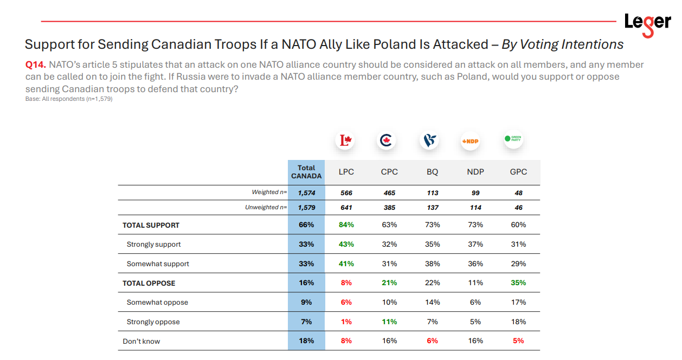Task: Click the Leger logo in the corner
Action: pyautogui.click(x=647, y=23)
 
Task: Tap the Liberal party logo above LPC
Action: pyautogui.click(x=346, y=141)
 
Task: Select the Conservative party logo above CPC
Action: pyautogui.click(x=387, y=141)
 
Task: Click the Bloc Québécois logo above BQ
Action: pyautogui.click(x=430, y=141)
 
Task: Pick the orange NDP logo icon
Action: pyautogui.click(x=471, y=141)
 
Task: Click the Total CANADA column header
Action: pyautogui.click(x=306, y=172)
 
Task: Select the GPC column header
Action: pyautogui.click(x=518, y=172)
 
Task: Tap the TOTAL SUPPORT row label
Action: pyautogui.click(x=151, y=225)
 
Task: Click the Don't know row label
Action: pyautogui.click(x=141, y=341)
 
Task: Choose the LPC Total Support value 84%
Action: pyautogui.click(x=346, y=225)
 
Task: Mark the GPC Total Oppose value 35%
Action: pyautogui.click(x=518, y=282)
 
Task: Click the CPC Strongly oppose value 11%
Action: pyautogui.click(x=389, y=322)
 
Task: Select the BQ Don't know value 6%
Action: pyautogui.click(x=432, y=340)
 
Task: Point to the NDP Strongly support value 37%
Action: pyautogui.click(x=475, y=244)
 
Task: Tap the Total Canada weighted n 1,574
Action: pyautogui.click(x=306, y=193)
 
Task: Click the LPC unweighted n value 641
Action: pyautogui.click(x=346, y=207)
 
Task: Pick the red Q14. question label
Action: pyautogui.click(x=36, y=65)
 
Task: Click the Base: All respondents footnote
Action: pyautogui.click(x=69, y=99)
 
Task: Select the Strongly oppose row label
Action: pyautogui.click(x=153, y=322)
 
